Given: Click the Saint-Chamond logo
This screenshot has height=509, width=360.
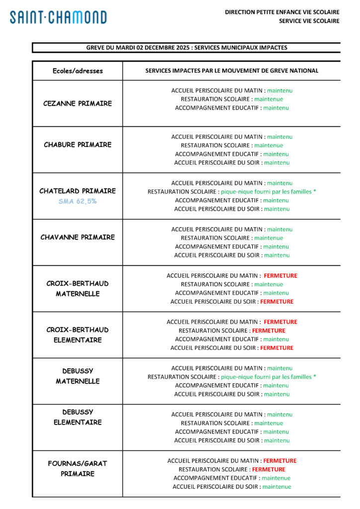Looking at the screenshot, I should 58,17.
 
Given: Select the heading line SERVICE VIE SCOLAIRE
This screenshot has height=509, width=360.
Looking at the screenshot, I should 309,21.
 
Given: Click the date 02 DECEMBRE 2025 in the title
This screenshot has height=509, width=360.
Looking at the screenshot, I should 152,48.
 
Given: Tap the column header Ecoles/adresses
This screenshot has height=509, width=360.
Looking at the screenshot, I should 78,71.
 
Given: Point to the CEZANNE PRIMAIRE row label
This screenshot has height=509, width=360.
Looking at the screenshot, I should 78,103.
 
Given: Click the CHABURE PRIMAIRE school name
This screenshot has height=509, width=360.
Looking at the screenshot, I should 78,145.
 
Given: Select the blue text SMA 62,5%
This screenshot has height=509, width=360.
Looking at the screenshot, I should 78,201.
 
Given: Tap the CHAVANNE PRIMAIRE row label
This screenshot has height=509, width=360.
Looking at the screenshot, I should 78,237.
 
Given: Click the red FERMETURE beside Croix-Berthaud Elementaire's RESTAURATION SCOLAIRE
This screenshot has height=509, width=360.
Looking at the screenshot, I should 269,331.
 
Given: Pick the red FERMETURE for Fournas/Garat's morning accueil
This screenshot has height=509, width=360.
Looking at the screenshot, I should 279,461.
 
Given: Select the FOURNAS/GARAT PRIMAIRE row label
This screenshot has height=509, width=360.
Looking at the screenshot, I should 78,468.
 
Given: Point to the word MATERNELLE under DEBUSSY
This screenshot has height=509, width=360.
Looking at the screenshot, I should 78,381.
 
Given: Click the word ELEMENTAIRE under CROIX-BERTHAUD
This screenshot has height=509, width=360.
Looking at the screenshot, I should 78,340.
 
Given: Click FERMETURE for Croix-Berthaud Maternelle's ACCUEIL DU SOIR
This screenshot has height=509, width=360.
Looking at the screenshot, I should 276,302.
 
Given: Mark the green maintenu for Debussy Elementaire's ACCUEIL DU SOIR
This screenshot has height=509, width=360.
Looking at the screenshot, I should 276,440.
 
